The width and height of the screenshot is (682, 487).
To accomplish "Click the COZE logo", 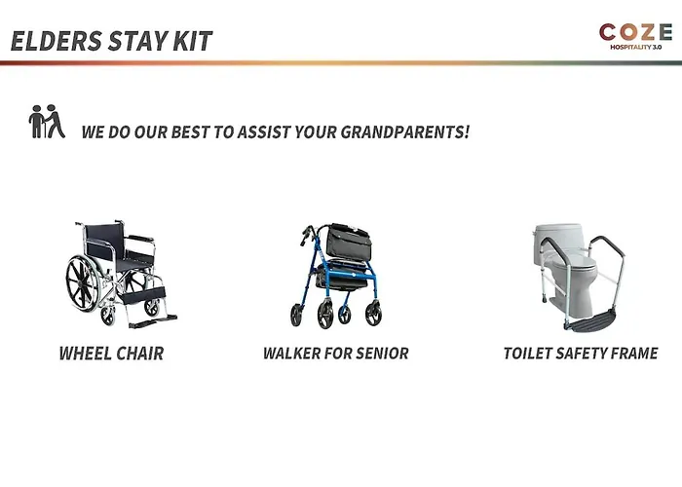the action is point(635,36).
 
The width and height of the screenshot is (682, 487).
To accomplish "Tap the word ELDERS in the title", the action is point(57,41).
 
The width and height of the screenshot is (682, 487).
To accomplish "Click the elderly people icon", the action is point(47,122).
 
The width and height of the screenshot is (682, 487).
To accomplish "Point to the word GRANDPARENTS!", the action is point(405,131).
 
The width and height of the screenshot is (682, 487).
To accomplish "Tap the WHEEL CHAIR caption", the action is point(111,353).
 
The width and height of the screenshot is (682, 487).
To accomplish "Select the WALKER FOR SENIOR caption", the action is point(336,353).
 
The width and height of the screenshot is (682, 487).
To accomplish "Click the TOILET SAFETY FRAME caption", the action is point(581,353).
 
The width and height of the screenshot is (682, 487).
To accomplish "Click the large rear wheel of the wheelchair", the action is point(83,283).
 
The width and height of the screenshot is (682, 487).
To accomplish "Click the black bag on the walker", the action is point(347,242).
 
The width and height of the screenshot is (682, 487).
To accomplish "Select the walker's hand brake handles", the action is point(308,234).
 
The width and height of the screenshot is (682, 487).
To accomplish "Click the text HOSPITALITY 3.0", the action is point(635,47).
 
